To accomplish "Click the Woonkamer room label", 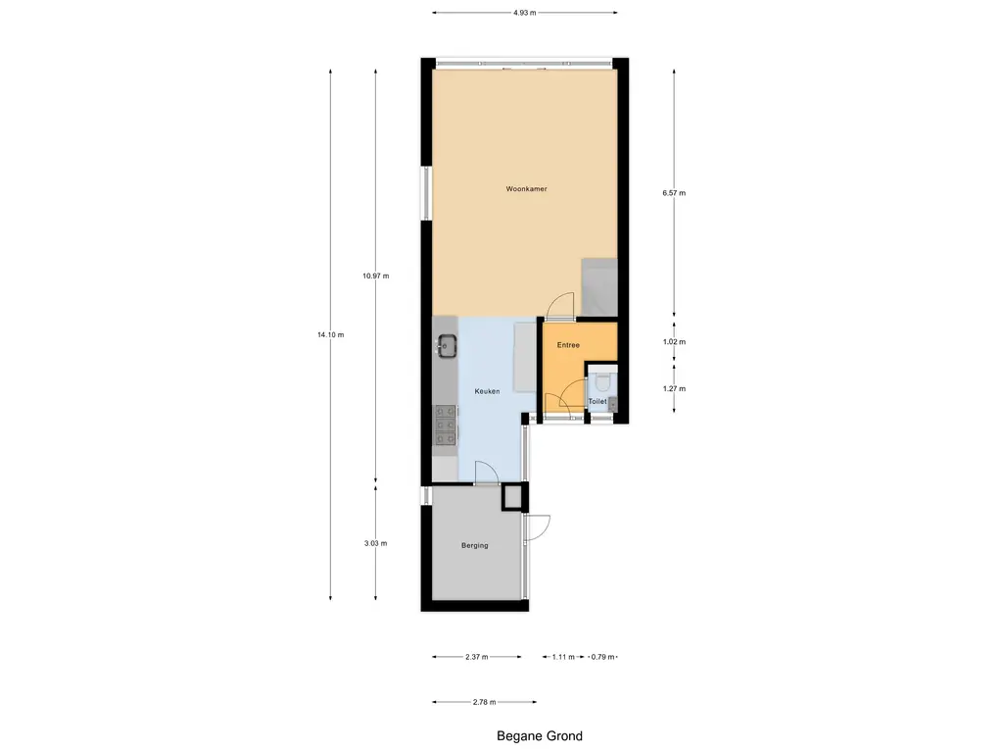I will (526, 188).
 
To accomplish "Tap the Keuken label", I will (487, 391).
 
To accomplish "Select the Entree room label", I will (568, 345).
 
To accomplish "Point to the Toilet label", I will (597, 402).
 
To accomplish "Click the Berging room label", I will (474, 545).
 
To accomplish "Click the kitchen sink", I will (447, 344).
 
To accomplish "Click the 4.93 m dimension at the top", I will (525, 13).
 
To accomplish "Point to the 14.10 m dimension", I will (330, 335).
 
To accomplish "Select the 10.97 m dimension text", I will (375, 276).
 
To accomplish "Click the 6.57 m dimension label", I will (674, 193).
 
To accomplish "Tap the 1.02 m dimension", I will (674, 342).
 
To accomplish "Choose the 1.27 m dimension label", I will (674, 388).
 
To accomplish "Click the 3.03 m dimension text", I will (375, 543).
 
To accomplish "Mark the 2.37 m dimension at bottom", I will (478, 657).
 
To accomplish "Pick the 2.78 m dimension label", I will (484, 702).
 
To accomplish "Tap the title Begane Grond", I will (539, 736).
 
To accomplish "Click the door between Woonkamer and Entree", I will (561, 307).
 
